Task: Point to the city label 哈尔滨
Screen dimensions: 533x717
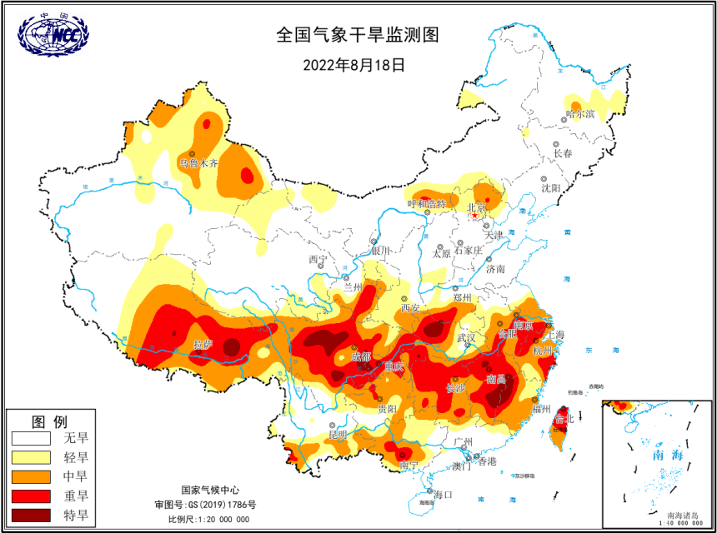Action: (581, 113)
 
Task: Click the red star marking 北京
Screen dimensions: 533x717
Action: (475, 216)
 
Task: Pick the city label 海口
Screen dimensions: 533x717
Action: (443, 495)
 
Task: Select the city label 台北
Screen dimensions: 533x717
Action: (564, 420)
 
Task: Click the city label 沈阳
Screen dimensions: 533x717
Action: (551, 189)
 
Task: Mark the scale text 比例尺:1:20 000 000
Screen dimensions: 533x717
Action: (208, 519)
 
